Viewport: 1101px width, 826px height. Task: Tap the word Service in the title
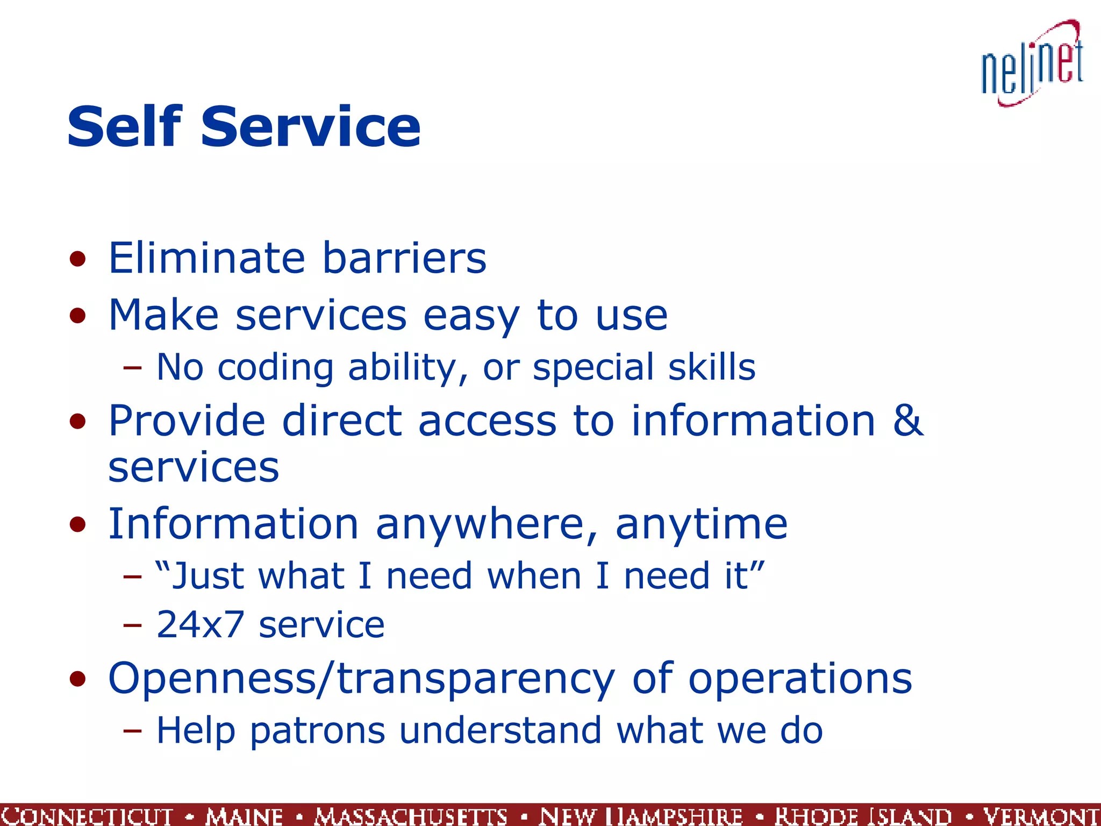tap(310, 127)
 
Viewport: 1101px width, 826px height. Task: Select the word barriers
tap(404, 258)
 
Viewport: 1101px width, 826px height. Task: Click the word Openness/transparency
tap(361, 679)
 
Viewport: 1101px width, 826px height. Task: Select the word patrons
tap(317, 731)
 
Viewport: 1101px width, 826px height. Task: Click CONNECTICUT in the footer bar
tap(87, 816)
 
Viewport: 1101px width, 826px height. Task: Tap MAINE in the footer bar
tap(244, 816)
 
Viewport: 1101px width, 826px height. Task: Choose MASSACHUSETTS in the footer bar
tap(411, 816)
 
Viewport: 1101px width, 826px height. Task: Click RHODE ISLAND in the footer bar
tap(863, 816)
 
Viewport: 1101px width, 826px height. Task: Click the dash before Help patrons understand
tap(132, 731)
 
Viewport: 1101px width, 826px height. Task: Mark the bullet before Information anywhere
tap(78, 525)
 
